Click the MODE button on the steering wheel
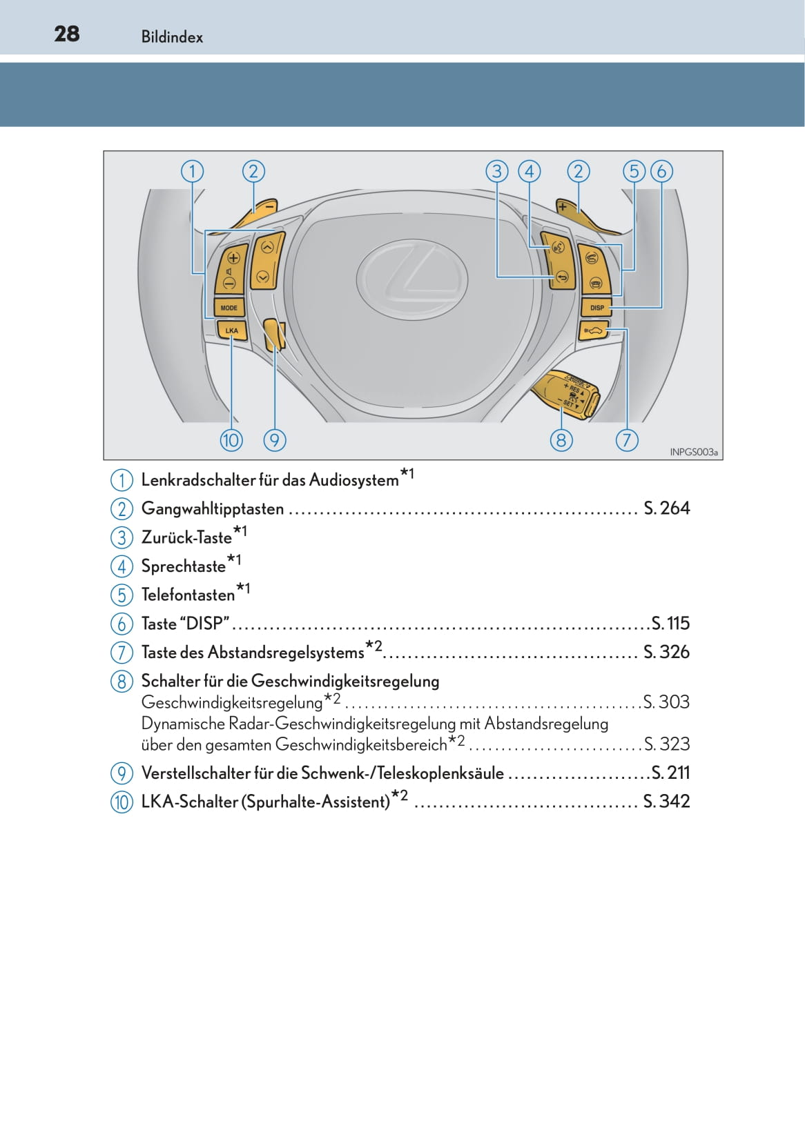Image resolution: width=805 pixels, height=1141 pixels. pyautogui.click(x=229, y=308)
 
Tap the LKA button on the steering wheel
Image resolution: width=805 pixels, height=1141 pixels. pyautogui.click(x=231, y=330)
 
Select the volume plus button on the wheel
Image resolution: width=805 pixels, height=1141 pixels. pyautogui.click(x=233, y=259)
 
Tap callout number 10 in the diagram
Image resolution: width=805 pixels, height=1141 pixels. pyautogui.click(x=231, y=439)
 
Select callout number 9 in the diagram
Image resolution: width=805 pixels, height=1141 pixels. pyautogui.click(x=275, y=439)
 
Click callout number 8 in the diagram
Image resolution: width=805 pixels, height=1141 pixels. pyautogui.click(x=561, y=439)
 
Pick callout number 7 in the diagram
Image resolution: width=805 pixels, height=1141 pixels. pyautogui.click(x=627, y=439)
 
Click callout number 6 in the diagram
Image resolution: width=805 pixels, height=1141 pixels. pyautogui.click(x=661, y=171)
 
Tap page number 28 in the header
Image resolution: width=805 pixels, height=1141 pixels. pyautogui.click(x=67, y=34)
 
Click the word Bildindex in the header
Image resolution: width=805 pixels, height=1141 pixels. pyautogui.click(x=172, y=37)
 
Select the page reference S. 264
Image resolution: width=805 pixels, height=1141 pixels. pyautogui.click(x=666, y=508)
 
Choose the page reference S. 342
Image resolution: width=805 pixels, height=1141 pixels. pyautogui.click(x=666, y=801)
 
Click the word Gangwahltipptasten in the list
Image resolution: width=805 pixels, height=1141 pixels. pyautogui.click(x=213, y=509)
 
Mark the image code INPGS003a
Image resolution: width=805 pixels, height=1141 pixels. pyautogui.click(x=693, y=453)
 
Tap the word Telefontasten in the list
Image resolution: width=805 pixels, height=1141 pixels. pyautogui.click(x=188, y=595)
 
